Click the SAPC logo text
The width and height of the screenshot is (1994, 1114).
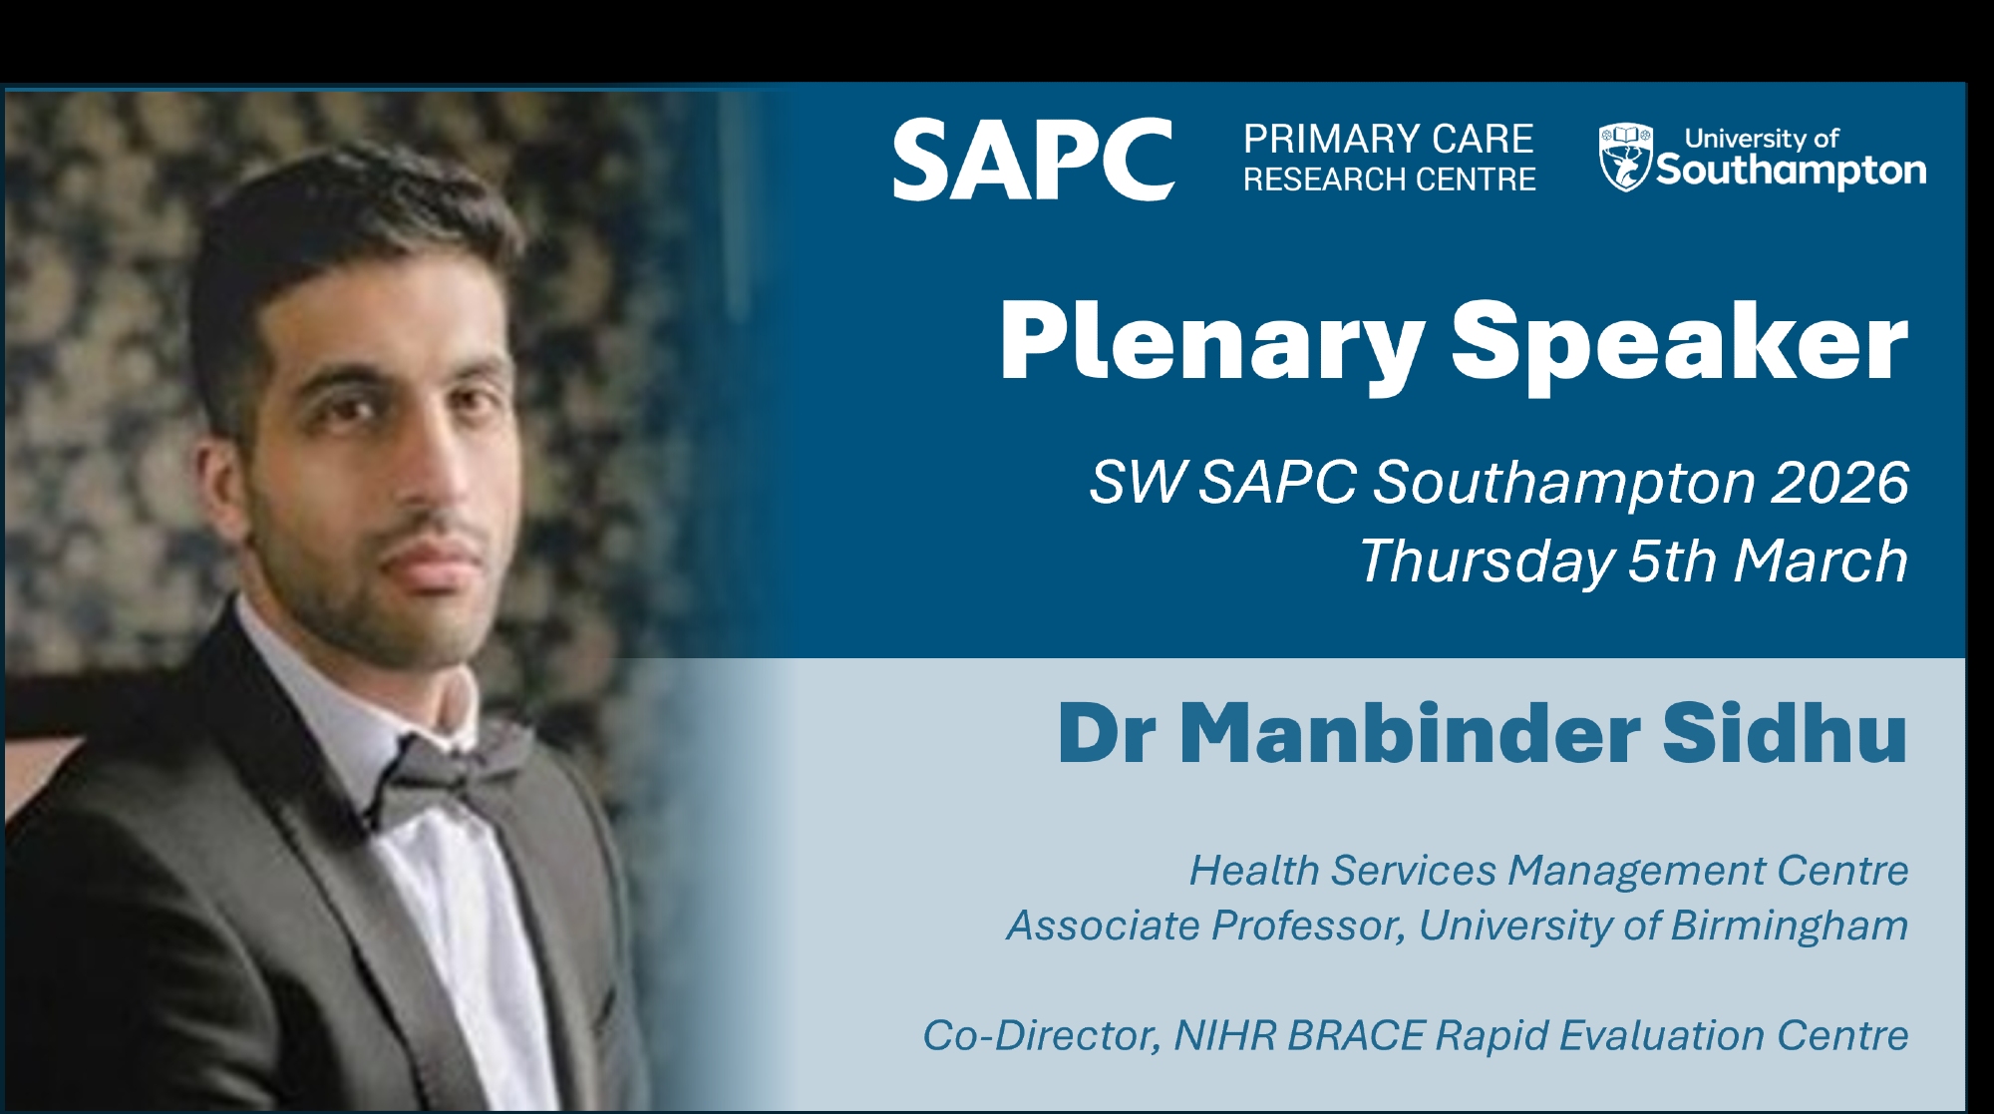1033,160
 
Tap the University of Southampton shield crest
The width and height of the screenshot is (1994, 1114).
1625,158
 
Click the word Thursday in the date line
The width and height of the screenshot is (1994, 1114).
1486,561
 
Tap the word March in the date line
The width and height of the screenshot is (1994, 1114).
1821,560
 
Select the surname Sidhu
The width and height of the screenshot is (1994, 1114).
1785,733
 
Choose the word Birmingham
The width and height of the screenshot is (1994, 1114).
1790,927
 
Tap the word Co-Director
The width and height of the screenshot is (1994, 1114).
1042,1036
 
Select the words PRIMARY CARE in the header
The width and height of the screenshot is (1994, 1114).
1389,139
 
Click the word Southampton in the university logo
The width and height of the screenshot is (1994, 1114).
1792,171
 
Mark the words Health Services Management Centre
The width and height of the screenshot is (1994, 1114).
1549,871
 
